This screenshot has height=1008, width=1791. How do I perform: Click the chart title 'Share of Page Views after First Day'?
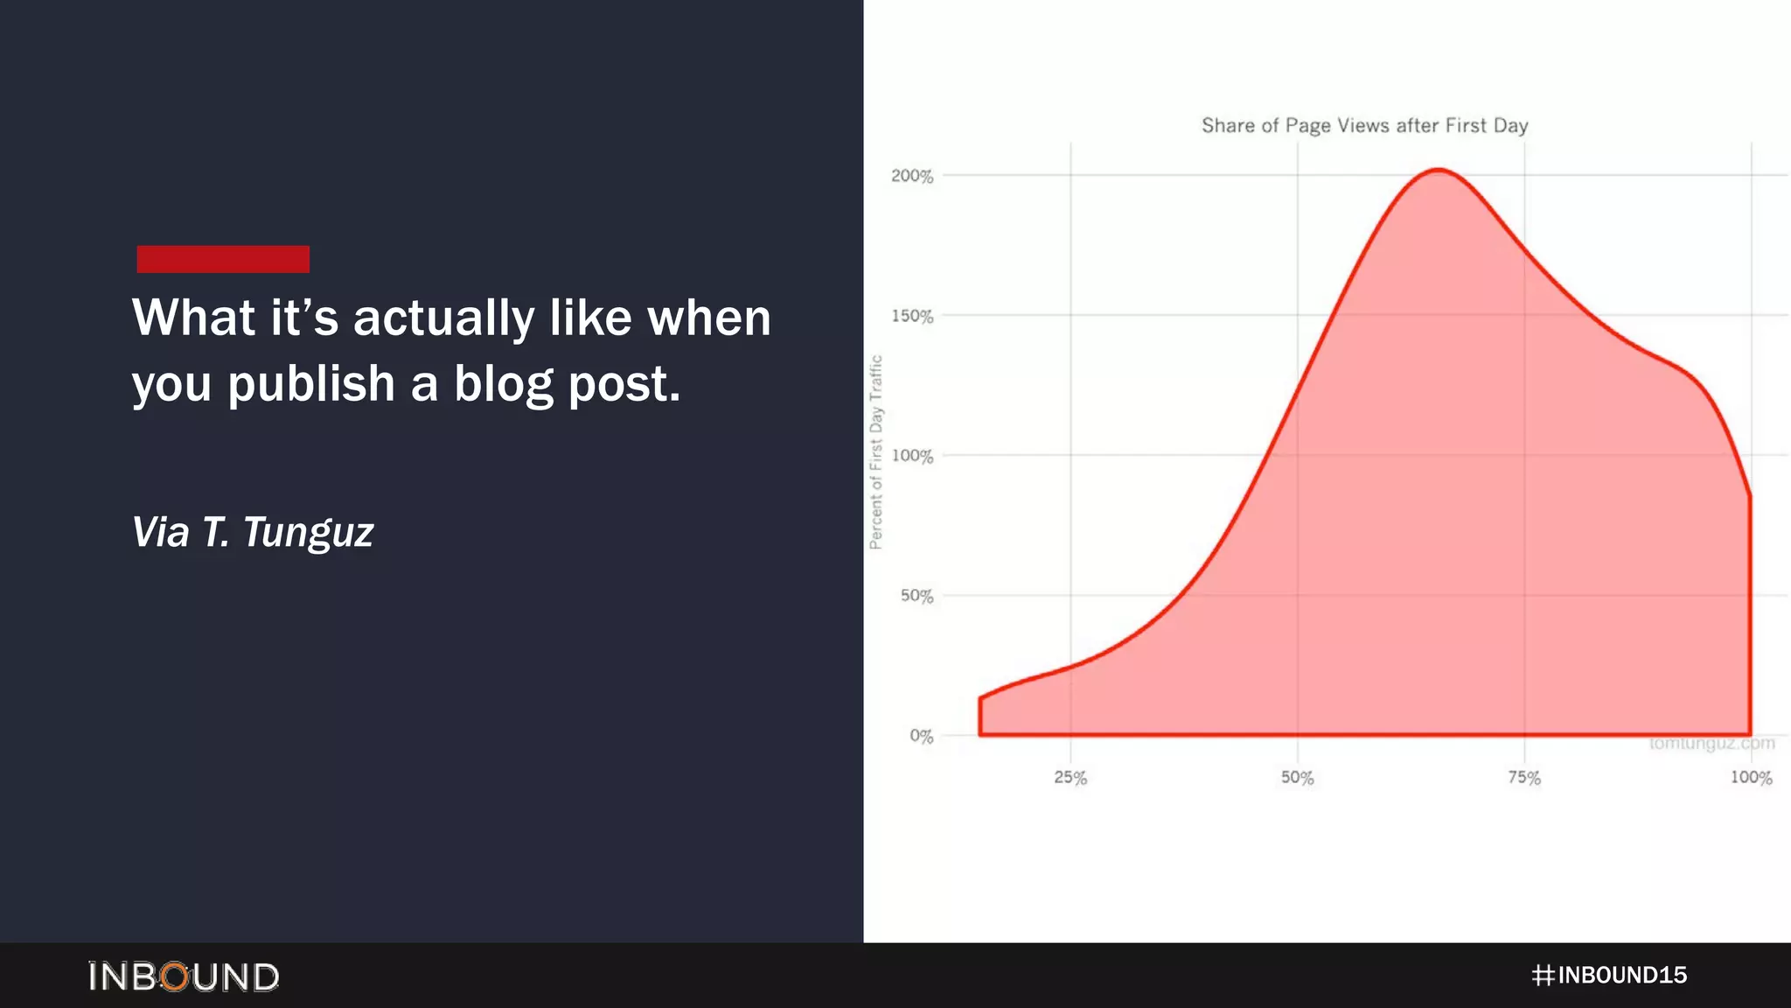(1364, 125)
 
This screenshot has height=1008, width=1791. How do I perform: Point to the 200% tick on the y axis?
(912, 176)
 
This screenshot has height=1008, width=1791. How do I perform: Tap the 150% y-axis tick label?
(912, 316)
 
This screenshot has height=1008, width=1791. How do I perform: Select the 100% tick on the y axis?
(912, 456)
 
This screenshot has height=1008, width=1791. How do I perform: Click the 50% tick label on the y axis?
(916, 596)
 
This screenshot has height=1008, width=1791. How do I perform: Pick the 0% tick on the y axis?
(921, 736)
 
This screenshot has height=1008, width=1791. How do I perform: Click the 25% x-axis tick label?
(1070, 777)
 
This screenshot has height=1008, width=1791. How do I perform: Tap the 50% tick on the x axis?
(1297, 777)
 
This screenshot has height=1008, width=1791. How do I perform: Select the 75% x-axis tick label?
(1524, 777)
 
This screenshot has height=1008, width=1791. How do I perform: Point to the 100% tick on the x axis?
(1751, 777)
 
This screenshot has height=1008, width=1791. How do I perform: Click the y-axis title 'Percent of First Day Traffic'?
(876, 452)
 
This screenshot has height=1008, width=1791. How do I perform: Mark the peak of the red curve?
(1439, 170)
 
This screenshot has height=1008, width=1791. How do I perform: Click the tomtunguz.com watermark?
(1711, 744)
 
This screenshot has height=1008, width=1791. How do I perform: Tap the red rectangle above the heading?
(223, 259)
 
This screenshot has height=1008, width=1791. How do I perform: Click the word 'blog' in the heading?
(503, 384)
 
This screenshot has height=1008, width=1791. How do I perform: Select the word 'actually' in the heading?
(443, 318)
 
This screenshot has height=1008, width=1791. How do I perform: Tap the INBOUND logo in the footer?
(184, 976)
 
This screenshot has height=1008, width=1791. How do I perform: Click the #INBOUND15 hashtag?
(1609, 975)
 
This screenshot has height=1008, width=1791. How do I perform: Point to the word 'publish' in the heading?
(311, 384)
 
